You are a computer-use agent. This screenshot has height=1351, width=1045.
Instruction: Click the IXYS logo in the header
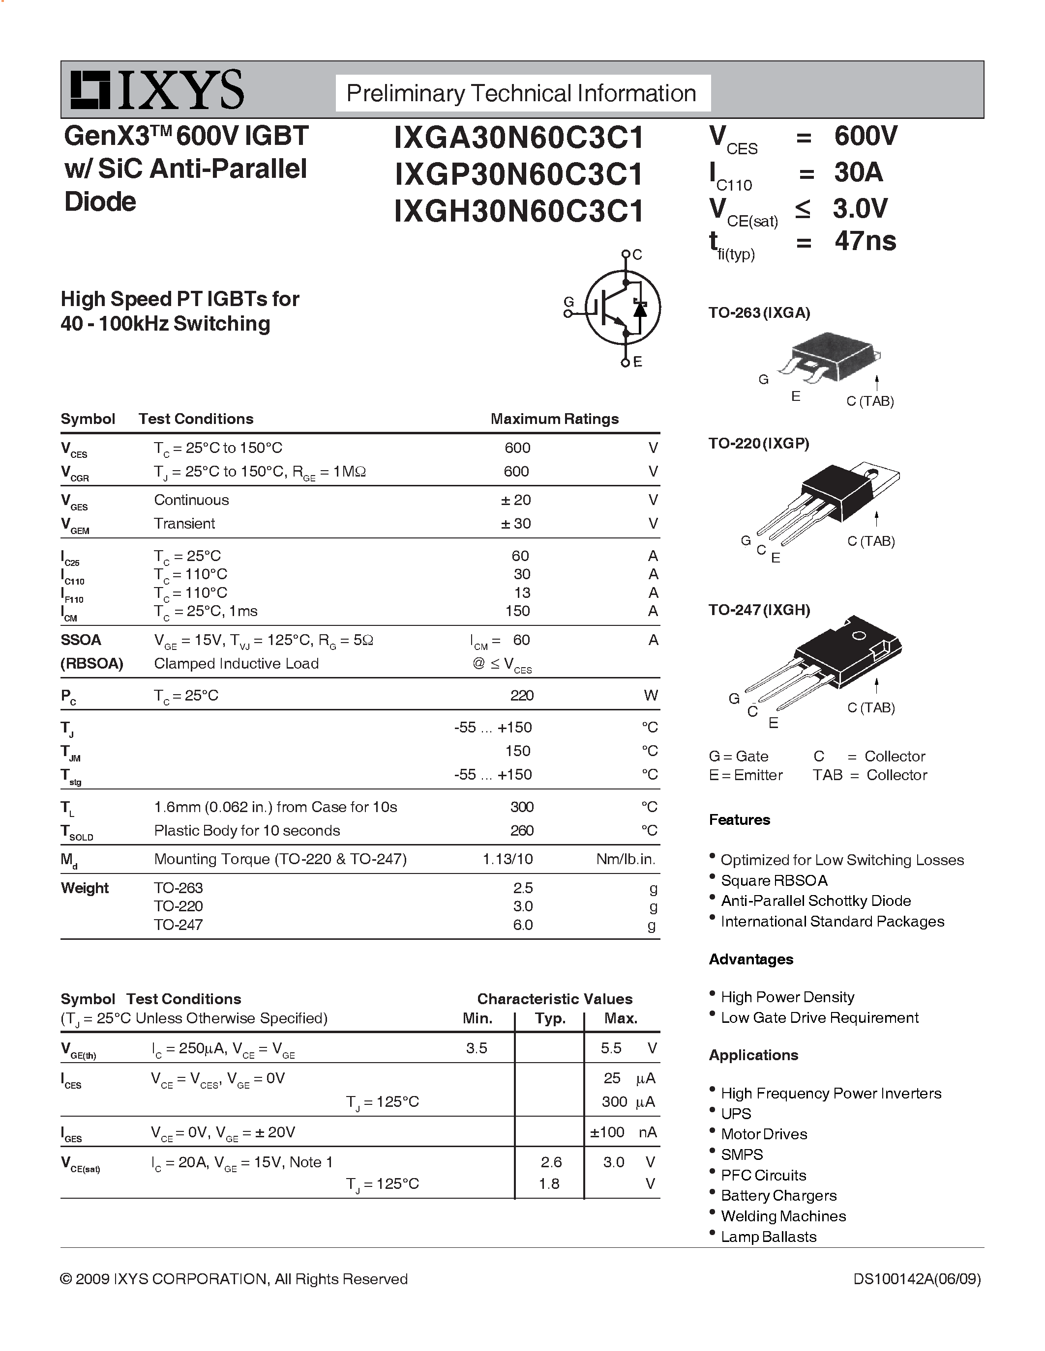tap(156, 90)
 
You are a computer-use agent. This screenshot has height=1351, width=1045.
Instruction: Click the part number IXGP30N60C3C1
tap(519, 174)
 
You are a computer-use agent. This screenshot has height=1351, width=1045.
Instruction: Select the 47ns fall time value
tap(865, 241)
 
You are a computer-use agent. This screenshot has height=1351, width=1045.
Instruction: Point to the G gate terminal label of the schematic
tap(568, 302)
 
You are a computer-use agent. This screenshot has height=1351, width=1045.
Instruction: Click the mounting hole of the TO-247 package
tap(859, 636)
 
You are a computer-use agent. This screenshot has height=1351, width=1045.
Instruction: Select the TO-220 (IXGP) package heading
tap(759, 443)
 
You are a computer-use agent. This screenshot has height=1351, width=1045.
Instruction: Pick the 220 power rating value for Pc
tap(521, 695)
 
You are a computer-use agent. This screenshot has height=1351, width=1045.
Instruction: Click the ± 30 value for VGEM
tap(516, 523)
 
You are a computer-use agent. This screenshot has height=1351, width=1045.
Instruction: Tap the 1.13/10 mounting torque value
tap(507, 859)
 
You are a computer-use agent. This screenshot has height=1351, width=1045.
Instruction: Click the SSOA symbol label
tap(81, 640)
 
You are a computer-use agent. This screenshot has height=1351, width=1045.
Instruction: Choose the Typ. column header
tap(550, 1018)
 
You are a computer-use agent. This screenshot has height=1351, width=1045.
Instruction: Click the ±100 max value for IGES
tap(607, 1132)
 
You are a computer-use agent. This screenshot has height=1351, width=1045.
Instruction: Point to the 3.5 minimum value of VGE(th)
tap(477, 1048)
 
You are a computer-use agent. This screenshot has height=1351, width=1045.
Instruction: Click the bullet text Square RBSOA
tap(774, 880)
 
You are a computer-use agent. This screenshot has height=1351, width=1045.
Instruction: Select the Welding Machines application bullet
tap(783, 1216)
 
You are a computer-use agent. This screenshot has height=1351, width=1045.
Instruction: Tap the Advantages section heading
tap(751, 959)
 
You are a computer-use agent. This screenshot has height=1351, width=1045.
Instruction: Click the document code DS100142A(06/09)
tap(917, 1279)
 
